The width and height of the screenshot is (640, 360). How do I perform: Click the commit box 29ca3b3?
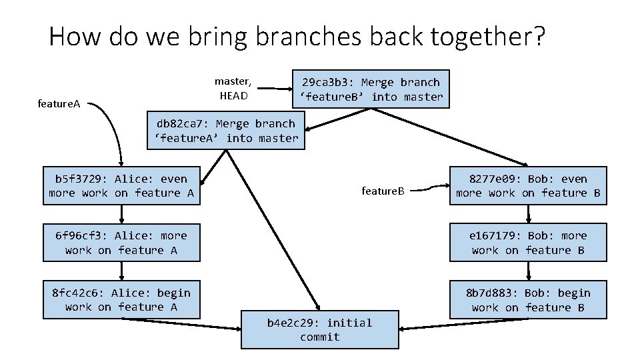point(371,89)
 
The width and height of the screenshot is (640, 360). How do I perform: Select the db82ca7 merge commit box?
point(225,131)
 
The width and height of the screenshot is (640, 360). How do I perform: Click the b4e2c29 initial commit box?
point(319,329)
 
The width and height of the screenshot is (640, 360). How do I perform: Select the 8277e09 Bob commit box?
point(528,185)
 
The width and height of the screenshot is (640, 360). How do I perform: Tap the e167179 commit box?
point(528,243)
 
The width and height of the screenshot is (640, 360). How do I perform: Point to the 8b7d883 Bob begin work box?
point(528,299)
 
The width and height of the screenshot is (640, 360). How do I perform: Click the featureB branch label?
point(383,191)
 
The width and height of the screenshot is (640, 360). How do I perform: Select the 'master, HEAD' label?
point(233,88)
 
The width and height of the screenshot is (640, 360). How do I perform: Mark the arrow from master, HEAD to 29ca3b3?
point(275,88)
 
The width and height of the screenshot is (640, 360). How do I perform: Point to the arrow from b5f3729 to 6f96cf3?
point(121,214)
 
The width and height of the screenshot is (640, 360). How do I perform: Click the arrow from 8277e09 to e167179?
point(529,214)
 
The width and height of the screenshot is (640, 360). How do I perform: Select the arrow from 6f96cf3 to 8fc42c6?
point(121,271)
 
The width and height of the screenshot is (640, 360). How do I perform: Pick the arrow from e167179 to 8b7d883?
point(529,271)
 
